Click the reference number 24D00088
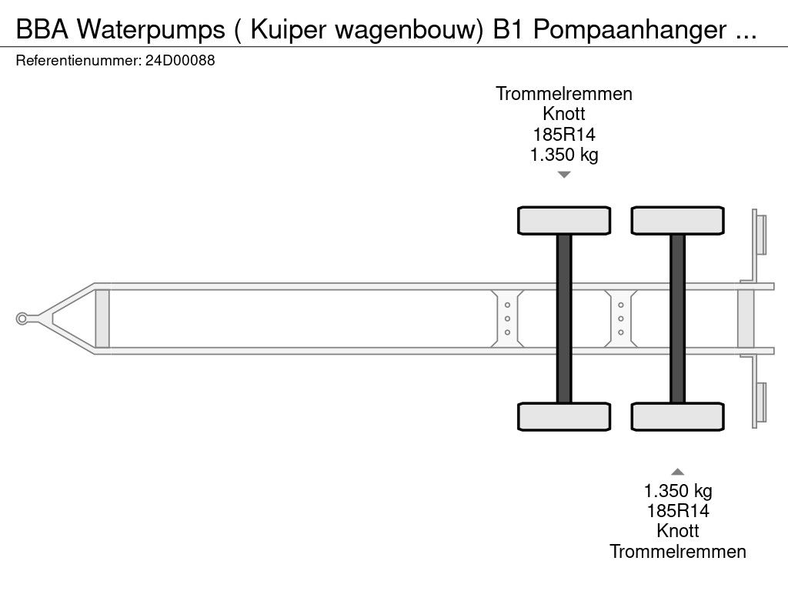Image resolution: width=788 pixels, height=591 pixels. [180, 61]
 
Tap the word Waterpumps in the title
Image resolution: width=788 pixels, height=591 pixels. [151, 30]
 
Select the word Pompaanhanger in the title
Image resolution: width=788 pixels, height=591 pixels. [629, 30]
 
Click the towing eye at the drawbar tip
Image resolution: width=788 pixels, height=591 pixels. [22, 319]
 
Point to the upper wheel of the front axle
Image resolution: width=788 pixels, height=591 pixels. [564, 221]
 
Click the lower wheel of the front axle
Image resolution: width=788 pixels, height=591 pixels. [564, 416]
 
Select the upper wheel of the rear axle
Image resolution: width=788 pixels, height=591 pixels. [677, 221]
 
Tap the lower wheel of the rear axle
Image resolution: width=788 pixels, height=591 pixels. [677, 416]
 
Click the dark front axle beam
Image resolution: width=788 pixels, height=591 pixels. [564, 319]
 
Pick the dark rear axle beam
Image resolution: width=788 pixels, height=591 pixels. [677, 319]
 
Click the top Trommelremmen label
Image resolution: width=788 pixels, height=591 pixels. [564, 94]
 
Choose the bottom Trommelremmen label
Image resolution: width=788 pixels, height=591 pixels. [677, 551]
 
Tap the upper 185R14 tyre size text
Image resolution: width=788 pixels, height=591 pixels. [564, 135]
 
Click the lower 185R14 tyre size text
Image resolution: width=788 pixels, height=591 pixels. [677, 511]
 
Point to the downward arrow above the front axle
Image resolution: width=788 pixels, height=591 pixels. [564, 175]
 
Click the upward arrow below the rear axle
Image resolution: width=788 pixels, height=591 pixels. [677, 472]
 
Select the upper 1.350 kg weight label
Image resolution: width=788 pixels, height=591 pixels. [564, 155]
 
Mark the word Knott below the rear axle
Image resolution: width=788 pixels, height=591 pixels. [677, 531]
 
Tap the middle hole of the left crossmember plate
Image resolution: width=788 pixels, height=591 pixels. [507, 319]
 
